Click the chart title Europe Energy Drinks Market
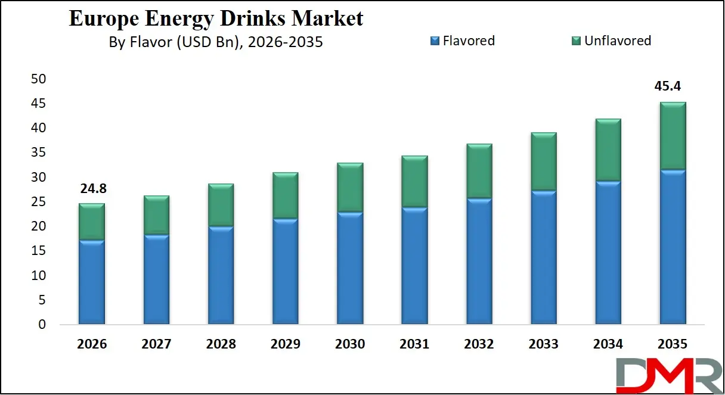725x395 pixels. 216,18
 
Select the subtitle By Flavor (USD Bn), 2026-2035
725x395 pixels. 216,42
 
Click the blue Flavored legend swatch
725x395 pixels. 434,41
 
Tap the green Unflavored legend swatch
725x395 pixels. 575,41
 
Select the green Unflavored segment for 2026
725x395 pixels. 91,222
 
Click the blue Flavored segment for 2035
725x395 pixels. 673,247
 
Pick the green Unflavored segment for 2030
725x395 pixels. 350,188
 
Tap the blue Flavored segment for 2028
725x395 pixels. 221,275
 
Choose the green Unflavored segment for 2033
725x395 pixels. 543,161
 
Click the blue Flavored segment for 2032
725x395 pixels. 479,262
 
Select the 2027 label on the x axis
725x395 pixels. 156,344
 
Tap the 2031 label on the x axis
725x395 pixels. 414,344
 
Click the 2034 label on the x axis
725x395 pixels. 608,344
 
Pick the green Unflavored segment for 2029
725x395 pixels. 285,196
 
